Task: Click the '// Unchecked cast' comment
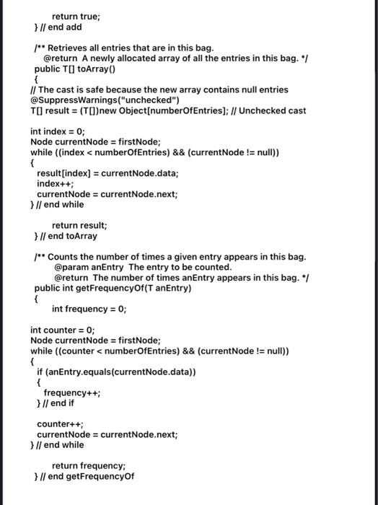tap(272, 110)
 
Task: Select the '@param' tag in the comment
tap(71, 267)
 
